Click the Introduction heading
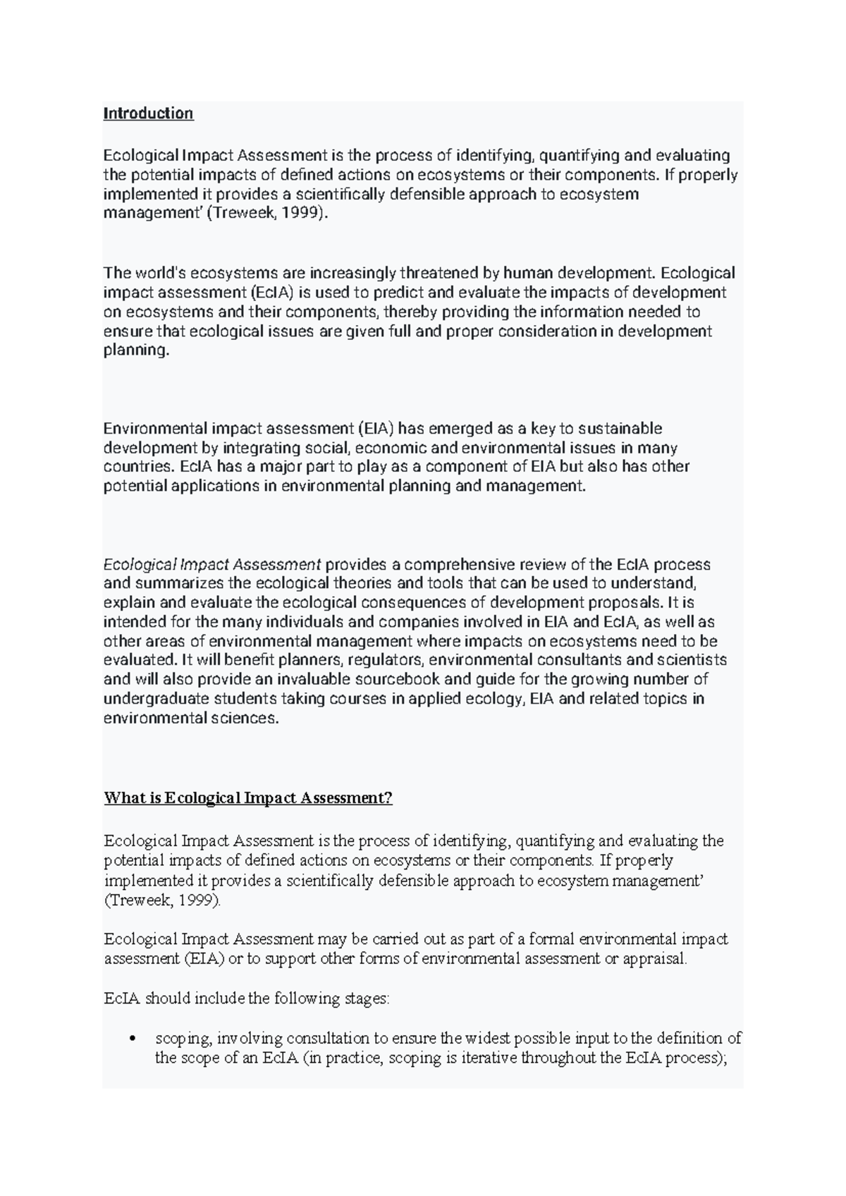(x=148, y=114)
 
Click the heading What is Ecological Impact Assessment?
(x=247, y=798)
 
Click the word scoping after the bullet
(x=183, y=1039)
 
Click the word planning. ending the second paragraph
(x=137, y=350)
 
